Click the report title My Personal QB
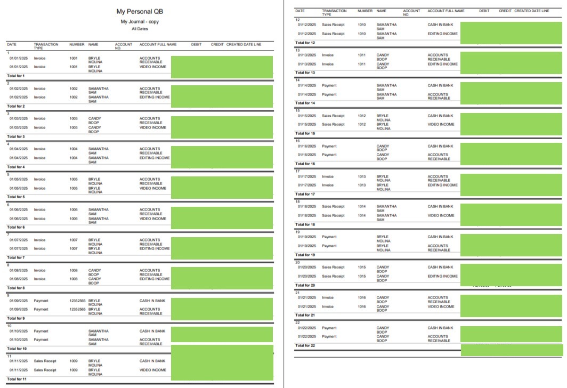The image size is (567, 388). (x=140, y=11)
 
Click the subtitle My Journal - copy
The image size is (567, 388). (x=140, y=21)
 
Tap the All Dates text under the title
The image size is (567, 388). (x=140, y=29)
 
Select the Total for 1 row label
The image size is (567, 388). (x=16, y=76)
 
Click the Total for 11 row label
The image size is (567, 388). (x=17, y=379)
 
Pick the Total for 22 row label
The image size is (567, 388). (x=306, y=345)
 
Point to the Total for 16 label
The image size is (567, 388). (x=306, y=164)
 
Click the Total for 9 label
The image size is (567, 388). (x=16, y=318)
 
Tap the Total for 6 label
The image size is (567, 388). (x=16, y=228)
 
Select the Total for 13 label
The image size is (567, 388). (x=306, y=72)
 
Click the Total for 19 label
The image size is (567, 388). (x=306, y=255)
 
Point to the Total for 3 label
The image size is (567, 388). (x=16, y=137)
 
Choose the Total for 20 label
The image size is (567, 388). (x=306, y=285)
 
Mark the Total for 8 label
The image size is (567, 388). (x=16, y=288)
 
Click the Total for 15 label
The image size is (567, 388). (x=306, y=133)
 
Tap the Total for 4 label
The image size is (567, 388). (x=16, y=167)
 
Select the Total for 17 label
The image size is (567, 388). (x=306, y=194)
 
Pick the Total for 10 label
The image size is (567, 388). (x=17, y=349)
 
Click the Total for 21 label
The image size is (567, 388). (x=306, y=315)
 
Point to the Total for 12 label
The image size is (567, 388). (x=306, y=43)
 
